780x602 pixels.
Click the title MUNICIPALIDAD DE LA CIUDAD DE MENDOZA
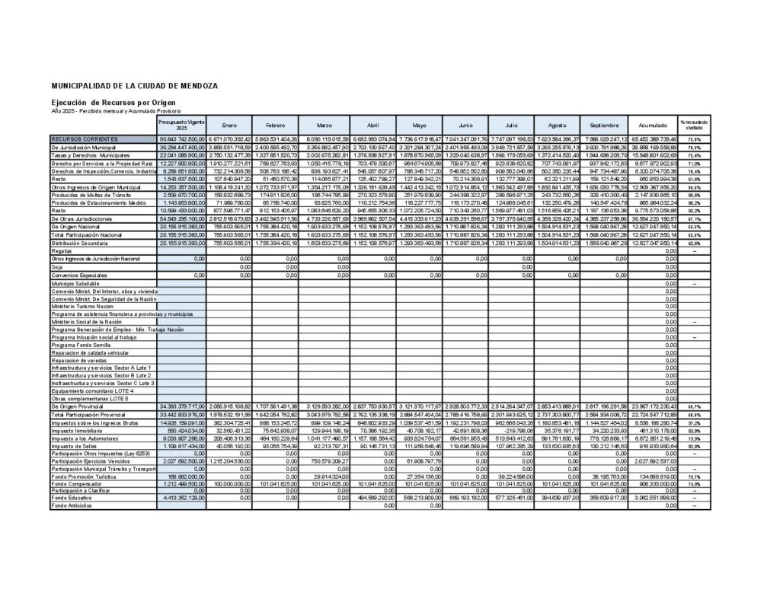(134, 86)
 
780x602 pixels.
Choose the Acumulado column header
(653, 126)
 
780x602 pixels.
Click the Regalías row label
(62, 250)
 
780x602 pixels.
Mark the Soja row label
(57, 267)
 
